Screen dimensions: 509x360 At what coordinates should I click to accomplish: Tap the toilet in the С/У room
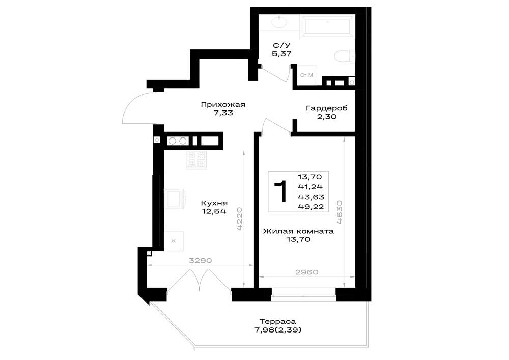345,57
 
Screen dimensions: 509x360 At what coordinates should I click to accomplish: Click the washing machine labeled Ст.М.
307,75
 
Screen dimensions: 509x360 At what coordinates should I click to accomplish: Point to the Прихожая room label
223,105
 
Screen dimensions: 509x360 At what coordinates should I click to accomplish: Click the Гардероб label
327,108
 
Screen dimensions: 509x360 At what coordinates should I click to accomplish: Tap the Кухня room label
214,203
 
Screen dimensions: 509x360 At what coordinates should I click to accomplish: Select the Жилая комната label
298,231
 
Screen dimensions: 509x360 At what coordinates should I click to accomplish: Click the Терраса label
278,321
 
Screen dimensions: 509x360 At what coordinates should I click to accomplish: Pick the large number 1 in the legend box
280,191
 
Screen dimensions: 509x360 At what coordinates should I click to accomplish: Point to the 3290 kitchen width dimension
200,260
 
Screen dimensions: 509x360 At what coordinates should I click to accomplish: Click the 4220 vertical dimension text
240,218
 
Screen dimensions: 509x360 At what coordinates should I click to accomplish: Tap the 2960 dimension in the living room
307,272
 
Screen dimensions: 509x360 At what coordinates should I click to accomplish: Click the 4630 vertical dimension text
339,212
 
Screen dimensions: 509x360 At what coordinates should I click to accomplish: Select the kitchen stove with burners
196,160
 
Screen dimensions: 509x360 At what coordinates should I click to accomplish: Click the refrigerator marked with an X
174,241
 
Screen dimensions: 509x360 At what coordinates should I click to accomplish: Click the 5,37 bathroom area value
281,53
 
